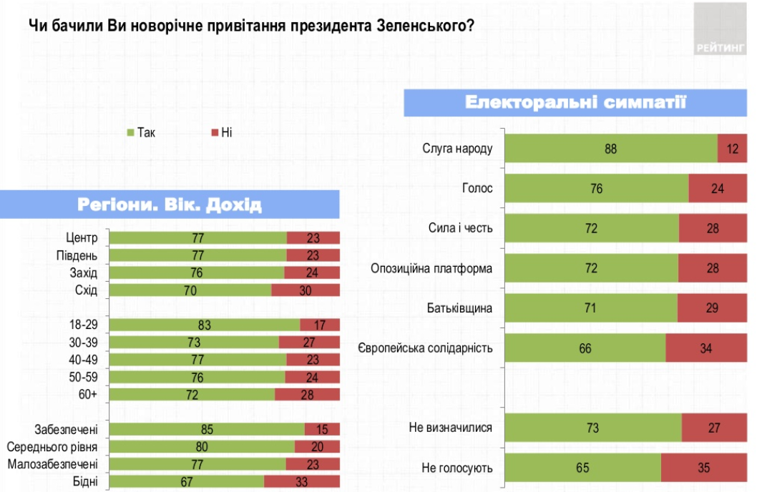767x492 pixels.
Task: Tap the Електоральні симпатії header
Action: (575, 102)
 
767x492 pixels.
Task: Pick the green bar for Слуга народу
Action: (610, 149)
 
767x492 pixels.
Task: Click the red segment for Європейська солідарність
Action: (706, 348)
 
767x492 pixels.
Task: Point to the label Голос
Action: (479, 189)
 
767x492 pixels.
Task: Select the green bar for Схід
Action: (190, 290)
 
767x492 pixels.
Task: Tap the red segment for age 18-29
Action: (320, 325)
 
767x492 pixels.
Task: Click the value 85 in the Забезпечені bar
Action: (207, 430)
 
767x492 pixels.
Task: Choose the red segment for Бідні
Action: (301, 481)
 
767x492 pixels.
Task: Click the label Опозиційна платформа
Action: (432, 269)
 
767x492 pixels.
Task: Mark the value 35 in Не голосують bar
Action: (704, 468)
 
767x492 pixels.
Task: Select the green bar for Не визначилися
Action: (593, 428)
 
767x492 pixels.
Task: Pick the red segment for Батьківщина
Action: (712, 308)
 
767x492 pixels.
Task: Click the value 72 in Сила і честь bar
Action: (592, 229)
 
